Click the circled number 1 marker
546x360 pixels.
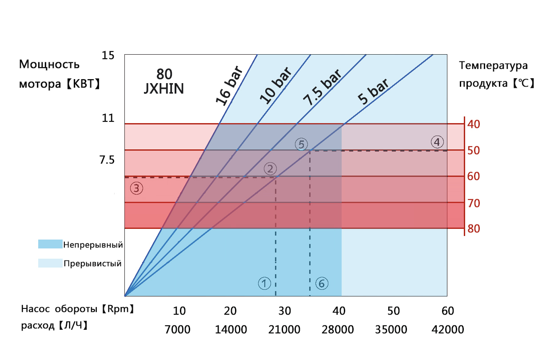point(264,283)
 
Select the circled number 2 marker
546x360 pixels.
point(270,168)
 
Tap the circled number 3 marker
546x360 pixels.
point(136,188)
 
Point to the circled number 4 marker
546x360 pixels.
point(437,142)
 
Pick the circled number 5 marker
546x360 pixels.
point(301,144)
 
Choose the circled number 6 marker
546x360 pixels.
point(322,283)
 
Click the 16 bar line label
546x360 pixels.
point(229,86)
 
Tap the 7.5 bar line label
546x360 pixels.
point(322,88)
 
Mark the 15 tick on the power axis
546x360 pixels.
point(108,56)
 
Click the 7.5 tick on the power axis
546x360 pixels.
point(108,159)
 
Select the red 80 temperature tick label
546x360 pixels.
point(474,229)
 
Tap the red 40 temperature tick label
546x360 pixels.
point(474,124)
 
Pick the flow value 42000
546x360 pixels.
point(448,330)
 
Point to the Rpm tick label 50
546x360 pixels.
point(394,311)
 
